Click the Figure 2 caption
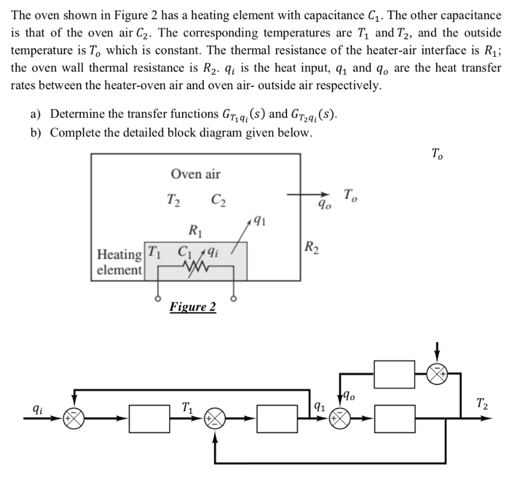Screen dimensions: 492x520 pos(192,307)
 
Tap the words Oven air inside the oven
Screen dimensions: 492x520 pos(196,174)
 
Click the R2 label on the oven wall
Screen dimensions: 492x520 pos(312,248)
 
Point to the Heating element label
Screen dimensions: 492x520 pos(120,262)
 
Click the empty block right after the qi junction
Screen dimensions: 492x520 pos(150,419)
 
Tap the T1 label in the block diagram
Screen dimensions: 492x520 pos(187,407)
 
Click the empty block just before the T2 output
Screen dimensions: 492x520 pos(395,419)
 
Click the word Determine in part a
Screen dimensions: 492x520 pos(78,114)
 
